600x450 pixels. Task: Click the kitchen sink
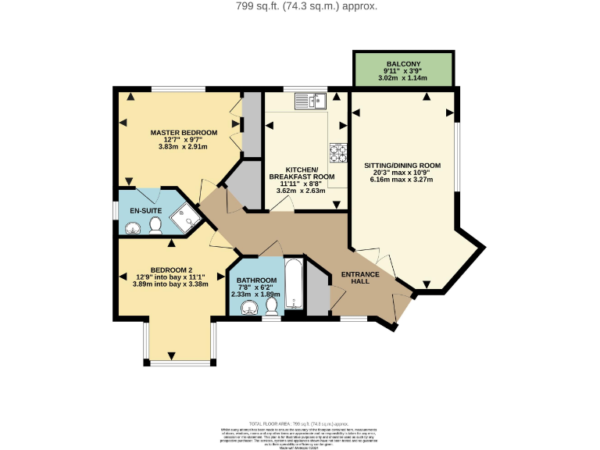[x=310, y=101]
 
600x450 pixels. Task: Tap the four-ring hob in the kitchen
[x=338, y=152]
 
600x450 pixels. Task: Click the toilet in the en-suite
[x=155, y=226]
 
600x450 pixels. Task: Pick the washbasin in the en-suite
[x=133, y=227]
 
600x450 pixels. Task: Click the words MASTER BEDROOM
[x=184, y=133]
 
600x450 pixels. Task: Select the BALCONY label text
[x=403, y=64]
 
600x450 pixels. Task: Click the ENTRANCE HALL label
[x=359, y=277]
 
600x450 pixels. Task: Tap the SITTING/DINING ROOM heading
[x=402, y=166]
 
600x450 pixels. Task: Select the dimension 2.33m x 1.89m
[x=255, y=295]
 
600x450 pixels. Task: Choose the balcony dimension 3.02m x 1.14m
[x=403, y=78]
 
